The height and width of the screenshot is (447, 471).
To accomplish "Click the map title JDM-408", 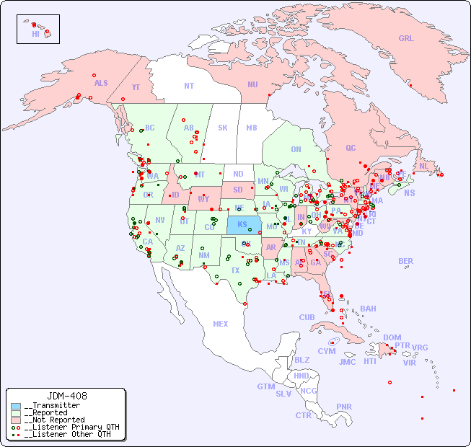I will click(x=67, y=396).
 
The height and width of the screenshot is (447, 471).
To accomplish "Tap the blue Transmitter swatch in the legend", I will click(x=16, y=406).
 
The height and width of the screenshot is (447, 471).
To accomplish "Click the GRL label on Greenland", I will click(x=406, y=39).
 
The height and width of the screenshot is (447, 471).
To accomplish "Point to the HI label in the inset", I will click(x=35, y=34).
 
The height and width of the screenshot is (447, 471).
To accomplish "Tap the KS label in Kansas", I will click(x=242, y=223).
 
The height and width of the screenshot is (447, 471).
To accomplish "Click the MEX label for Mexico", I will click(x=221, y=324).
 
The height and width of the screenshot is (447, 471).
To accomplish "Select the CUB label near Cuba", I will click(x=307, y=317).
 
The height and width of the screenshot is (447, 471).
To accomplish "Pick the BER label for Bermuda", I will click(x=406, y=261).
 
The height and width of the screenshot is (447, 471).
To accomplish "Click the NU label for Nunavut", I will click(x=252, y=84).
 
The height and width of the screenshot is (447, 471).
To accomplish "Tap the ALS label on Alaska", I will click(x=101, y=83).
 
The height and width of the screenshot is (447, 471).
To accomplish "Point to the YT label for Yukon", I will click(x=136, y=87).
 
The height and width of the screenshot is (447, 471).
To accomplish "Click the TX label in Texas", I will click(x=235, y=270).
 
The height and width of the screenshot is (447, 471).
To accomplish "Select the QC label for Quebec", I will click(x=351, y=148).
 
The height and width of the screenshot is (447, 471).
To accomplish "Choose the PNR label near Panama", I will click(x=344, y=407).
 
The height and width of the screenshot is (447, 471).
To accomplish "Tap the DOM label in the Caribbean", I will click(x=392, y=337).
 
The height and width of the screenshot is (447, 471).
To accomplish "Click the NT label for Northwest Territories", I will click(x=188, y=85).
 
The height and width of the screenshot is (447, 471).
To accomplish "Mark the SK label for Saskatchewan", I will click(x=223, y=128).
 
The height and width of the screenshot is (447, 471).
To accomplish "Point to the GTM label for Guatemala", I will click(x=265, y=386).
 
